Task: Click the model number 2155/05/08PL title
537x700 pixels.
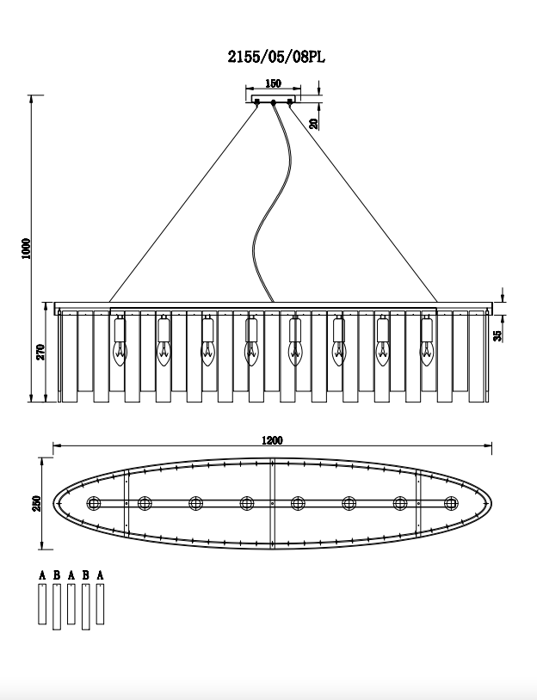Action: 276,57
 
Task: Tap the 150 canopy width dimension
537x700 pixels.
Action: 273,83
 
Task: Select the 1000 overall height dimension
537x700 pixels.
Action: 26,249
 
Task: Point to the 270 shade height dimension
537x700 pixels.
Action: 40,352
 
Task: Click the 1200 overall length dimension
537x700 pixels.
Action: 272,440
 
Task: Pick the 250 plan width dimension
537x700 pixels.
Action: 37,504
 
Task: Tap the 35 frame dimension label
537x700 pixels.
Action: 497,336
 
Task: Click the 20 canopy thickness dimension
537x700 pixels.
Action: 314,124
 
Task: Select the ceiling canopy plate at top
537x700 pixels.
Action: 273,99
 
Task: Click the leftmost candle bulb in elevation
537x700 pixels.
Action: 120,353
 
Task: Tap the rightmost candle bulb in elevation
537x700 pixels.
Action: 427,353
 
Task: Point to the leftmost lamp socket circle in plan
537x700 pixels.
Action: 93,503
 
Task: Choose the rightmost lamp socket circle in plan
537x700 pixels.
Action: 451,503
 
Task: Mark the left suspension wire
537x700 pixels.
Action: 183,203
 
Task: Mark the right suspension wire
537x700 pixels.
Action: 363,203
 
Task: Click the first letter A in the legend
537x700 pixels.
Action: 42,575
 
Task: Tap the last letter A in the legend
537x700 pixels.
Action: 100,575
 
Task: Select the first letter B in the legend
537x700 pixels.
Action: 57,575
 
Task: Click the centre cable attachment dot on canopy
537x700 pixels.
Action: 273,102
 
